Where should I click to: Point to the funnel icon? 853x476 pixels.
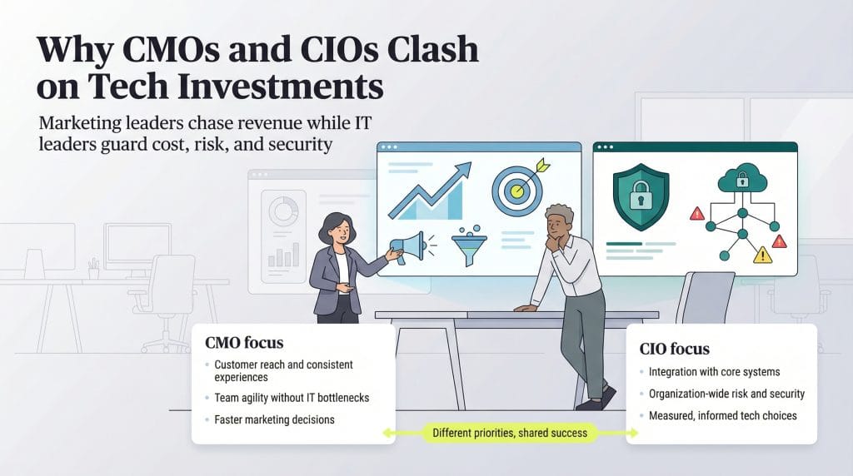tap(469, 246)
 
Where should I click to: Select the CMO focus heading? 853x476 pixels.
tap(244, 343)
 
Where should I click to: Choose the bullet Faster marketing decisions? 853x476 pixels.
tap(274, 419)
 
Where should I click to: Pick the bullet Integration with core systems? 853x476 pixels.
tap(713, 371)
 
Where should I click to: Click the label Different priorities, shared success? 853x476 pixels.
tap(510, 433)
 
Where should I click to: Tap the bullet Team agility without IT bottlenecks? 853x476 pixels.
tap(292, 398)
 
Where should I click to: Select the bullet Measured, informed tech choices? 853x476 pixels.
tap(722, 415)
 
